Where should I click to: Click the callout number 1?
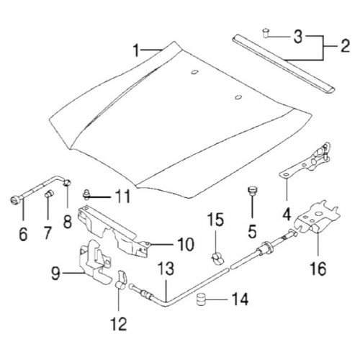pyautogui.click(x=136, y=50)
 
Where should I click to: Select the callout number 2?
pyautogui.click(x=345, y=46)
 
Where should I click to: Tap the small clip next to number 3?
pyautogui.click(x=265, y=33)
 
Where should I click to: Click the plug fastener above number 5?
pyautogui.click(x=251, y=190)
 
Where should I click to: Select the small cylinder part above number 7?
pyautogui.click(x=49, y=193)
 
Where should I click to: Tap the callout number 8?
pyautogui.click(x=68, y=221)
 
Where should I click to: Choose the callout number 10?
pyautogui.click(x=186, y=244)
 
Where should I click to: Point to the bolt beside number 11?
pyautogui.click(x=86, y=194)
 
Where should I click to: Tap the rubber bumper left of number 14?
pyautogui.click(x=202, y=300)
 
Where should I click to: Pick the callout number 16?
pyautogui.click(x=318, y=269)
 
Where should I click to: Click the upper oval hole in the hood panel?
pyautogui.click(x=194, y=72)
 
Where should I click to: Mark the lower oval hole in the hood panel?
pyautogui.click(x=238, y=96)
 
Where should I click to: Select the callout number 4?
pyautogui.click(x=287, y=215)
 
